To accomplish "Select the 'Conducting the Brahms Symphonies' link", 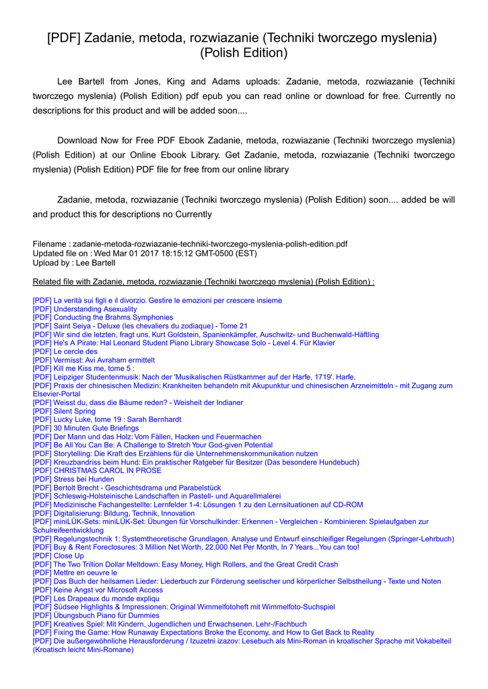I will click(x=102, y=318).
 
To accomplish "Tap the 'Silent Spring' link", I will click(x=64, y=411).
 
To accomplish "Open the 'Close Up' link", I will click(x=58, y=556).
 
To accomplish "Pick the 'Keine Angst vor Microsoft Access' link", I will click(x=98, y=590).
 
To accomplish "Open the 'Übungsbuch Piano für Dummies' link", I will click(x=96, y=616).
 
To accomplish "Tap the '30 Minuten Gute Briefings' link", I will click(x=85, y=428).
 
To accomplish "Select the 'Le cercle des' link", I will click(x=65, y=351).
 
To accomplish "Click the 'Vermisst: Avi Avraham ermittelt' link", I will click(x=94, y=360).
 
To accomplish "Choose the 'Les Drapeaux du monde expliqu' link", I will click(x=96, y=598).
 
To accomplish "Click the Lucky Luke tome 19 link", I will click(x=106, y=419).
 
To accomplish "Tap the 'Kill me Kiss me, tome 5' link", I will click(x=83, y=368).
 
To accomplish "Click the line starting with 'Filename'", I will click(x=190, y=244).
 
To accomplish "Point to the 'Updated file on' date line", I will click(x=145, y=254).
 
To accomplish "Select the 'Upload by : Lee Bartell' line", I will click(x=74, y=263).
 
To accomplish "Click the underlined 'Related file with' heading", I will click(x=203, y=281).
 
